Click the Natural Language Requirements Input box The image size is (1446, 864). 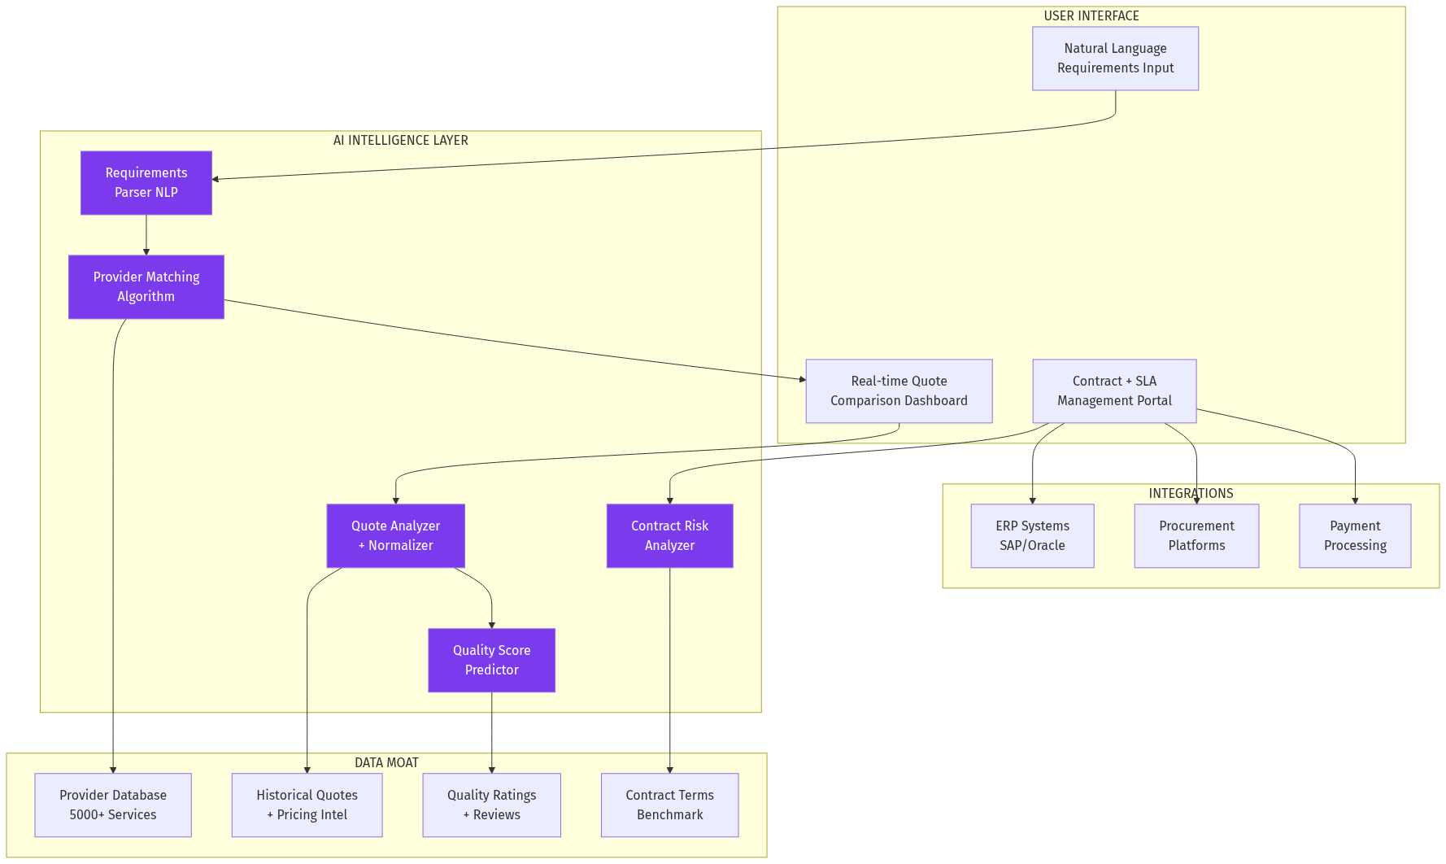coord(1115,59)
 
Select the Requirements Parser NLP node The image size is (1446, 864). coord(146,183)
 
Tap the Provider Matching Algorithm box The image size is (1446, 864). coord(146,287)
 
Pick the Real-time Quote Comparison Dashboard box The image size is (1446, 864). coord(899,391)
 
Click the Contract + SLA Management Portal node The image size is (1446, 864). coord(1114,391)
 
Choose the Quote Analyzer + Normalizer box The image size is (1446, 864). coord(395,536)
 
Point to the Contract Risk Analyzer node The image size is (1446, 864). coord(669,536)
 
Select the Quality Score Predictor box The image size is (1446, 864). coord(491,661)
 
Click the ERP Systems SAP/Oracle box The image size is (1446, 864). coord(1032,536)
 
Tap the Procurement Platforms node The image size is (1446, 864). coord(1196,536)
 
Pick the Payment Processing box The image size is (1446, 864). coord(1355,536)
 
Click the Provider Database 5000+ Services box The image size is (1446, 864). coord(113,805)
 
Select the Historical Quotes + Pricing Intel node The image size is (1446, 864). coord(307,805)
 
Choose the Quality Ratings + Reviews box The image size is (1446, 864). coord(491,805)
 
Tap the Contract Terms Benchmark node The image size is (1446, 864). coord(669,805)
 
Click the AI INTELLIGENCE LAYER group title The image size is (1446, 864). coord(400,141)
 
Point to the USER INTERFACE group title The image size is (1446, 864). coord(1091,16)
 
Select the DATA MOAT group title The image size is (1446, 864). coord(386,763)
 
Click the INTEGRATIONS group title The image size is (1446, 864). coord(1191,494)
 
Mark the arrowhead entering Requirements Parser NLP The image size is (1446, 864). coord(216,179)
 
